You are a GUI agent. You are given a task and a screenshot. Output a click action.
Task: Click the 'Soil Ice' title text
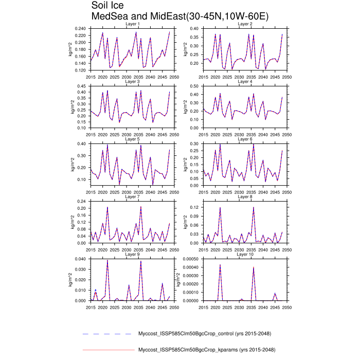pos(108,6)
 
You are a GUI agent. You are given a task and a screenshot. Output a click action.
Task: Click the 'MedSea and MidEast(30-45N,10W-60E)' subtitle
pos(179,16)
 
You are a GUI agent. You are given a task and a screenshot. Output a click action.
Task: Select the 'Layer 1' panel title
pos(133,24)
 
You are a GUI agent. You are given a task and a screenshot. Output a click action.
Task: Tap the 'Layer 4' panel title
pos(245,82)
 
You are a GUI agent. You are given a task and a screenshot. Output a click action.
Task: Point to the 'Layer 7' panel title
pos(133,197)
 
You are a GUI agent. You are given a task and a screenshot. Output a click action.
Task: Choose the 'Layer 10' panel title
pos(245,255)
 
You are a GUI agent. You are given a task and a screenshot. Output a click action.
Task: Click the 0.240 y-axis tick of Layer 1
pos(80,28)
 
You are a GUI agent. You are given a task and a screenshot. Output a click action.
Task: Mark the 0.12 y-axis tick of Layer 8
pos(196,207)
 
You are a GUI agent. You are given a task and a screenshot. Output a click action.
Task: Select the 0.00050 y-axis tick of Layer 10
pos(191,259)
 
